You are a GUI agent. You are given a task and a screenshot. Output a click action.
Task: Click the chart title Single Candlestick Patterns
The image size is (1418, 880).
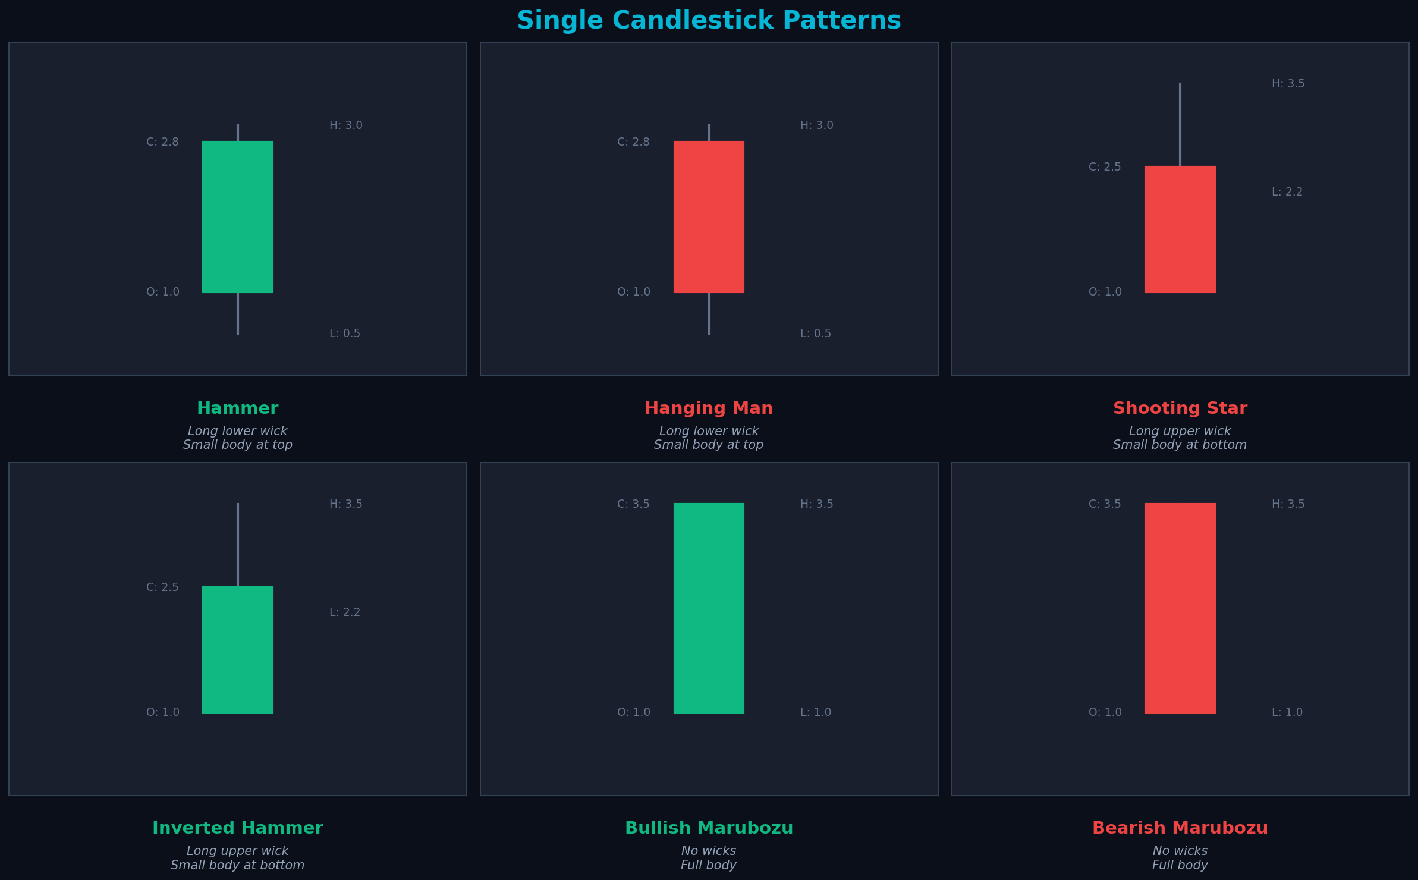pyautogui.click(x=709, y=20)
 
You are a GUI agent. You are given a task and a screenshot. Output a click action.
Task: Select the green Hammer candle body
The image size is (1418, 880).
pyautogui.click(x=238, y=217)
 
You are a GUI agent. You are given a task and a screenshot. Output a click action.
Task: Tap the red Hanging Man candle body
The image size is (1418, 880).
pyautogui.click(x=709, y=217)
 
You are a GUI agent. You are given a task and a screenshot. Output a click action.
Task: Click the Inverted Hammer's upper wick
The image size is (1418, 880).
pyautogui.click(x=238, y=544)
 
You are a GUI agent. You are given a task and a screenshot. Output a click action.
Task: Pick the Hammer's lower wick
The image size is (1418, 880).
pyautogui.click(x=238, y=313)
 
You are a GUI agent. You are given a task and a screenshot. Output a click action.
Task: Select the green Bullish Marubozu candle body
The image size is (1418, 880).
pyautogui.click(x=709, y=608)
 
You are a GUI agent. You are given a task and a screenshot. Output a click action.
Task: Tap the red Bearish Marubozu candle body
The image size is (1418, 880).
pyautogui.click(x=1180, y=608)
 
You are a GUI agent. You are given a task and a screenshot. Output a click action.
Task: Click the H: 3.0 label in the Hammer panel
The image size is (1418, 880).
pyautogui.click(x=346, y=125)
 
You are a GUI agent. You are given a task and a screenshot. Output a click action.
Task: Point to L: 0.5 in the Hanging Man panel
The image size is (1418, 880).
pyautogui.click(x=816, y=334)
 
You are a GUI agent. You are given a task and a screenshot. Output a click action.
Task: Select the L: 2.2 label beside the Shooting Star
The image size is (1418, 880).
pyautogui.click(x=1287, y=192)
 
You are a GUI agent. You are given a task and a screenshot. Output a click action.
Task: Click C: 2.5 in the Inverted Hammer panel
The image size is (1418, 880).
pyautogui.click(x=162, y=587)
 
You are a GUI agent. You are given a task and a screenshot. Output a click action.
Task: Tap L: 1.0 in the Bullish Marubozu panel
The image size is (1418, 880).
pyautogui.click(x=816, y=712)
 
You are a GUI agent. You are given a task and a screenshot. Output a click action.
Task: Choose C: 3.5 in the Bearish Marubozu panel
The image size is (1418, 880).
pyautogui.click(x=1105, y=504)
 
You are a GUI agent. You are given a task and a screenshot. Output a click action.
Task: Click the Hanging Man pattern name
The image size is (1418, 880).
pyautogui.click(x=709, y=408)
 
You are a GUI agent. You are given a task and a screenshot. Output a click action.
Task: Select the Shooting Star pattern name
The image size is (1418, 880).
pyautogui.click(x=1180, y=408)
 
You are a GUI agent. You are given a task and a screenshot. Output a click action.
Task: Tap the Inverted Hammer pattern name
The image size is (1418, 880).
pyautogui.click(x=238, y=828)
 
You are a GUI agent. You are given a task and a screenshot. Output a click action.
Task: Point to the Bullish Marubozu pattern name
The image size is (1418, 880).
pyautogui.click(x=709, y=828)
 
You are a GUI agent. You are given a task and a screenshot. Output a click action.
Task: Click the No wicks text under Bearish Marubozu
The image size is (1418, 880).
pyautogui.click(x=1180, y=851)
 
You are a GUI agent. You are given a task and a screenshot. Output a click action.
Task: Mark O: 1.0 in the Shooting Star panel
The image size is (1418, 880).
pyautogui.click(x=1105, y=292)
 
